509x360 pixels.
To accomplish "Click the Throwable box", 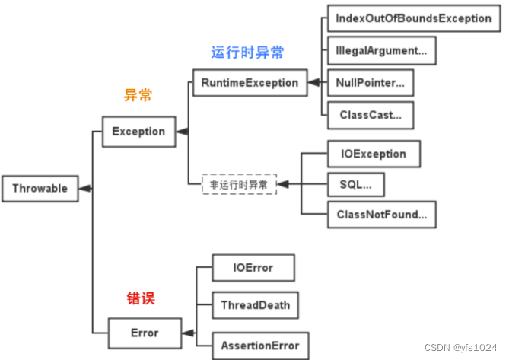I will coord(40,189).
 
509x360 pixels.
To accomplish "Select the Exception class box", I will coord(138,131).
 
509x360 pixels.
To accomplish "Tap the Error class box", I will coord(145,333).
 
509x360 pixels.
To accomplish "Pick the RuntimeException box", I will coord(250,82).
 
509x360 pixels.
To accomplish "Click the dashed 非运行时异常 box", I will coord(239,184).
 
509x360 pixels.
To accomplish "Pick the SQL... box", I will coord(355,184).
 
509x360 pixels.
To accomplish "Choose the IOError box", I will coord(253,268).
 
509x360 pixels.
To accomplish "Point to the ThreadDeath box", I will coord(256,305).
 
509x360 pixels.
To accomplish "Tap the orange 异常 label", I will coord(138,96).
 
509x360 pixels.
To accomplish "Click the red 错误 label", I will coord(140,298).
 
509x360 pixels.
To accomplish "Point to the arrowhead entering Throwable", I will coord(86,189).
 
